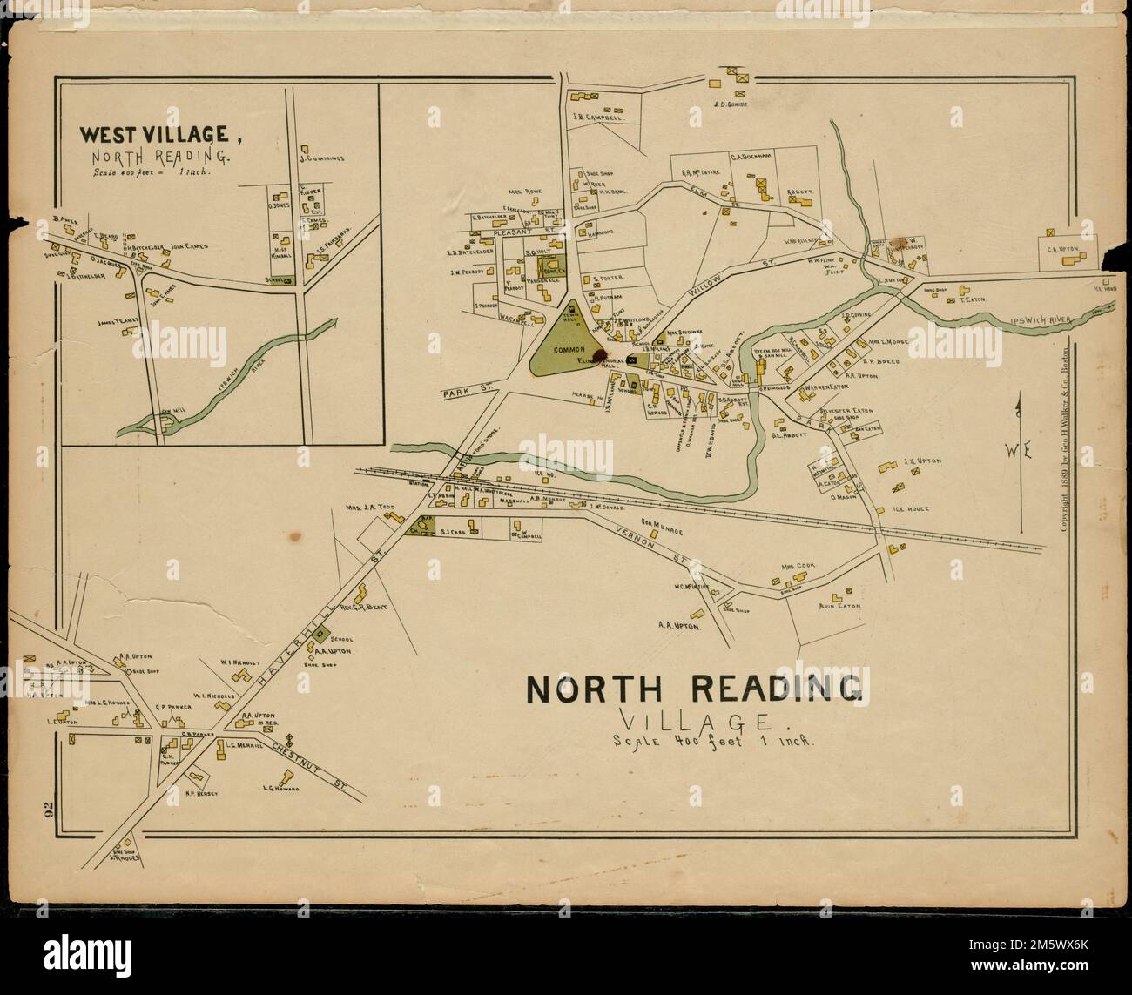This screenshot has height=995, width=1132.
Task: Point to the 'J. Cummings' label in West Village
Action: coord(322,158)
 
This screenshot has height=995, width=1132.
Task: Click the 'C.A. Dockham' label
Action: coord(751,157)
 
